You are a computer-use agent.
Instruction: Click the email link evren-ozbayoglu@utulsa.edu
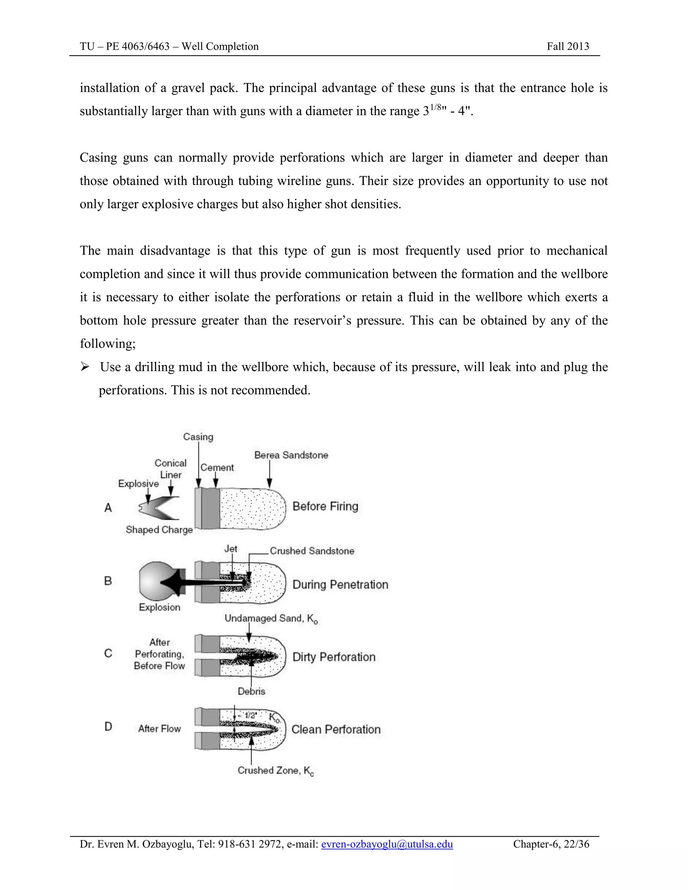(x=387, y=844)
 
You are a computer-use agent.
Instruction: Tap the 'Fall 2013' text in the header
(x=568, y=46)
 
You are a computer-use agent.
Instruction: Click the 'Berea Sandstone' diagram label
(x=291, y=455)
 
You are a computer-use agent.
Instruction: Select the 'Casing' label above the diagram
(x=198, y=437)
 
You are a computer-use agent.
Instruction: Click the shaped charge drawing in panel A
(x=159, y=508)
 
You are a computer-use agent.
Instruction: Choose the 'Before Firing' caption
(x=325, y=506)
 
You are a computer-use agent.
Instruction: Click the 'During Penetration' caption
(x=340, y=584)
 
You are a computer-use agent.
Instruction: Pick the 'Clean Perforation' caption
(x=336, y=729)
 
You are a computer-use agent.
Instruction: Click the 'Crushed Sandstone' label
(x=312, y=551)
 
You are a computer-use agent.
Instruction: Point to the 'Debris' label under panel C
(x=252, y=691)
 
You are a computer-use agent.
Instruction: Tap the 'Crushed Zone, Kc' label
(x=275, y=770)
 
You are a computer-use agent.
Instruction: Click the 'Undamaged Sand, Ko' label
(x=271, y=619)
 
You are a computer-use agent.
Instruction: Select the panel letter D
(x=108, y=726)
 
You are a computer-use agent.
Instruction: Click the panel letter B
(x=108, y=581)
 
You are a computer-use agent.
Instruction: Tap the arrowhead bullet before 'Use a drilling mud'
(x=85, y=367)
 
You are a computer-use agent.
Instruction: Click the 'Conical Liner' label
(x=170, y=469)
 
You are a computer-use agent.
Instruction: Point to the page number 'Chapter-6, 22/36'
(x=551, y=844)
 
